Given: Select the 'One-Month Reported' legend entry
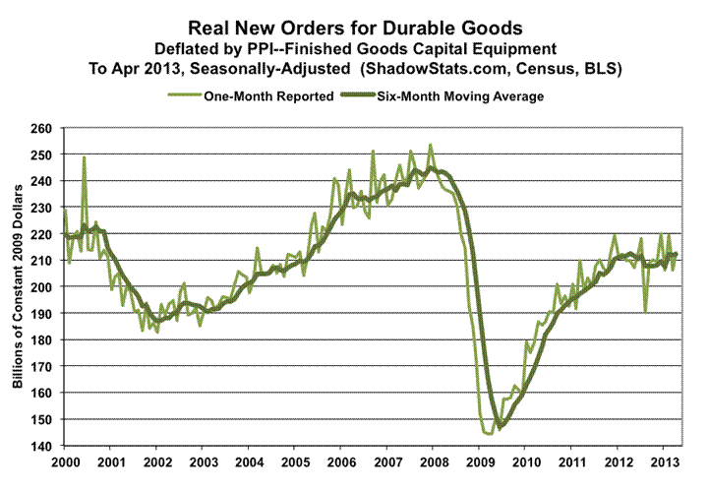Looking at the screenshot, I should (x=246, y=95).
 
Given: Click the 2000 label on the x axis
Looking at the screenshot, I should (x=64, y=461).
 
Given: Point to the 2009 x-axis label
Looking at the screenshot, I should (x=480, y=461).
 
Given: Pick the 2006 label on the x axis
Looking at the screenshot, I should (x=341, y=461).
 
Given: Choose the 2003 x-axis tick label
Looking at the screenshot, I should (x=203, y=461).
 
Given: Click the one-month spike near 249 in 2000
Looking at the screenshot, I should (x=85, y=157).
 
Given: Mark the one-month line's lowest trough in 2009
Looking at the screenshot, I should (x=489, y=434).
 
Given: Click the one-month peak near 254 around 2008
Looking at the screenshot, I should (x=430, y=145).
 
